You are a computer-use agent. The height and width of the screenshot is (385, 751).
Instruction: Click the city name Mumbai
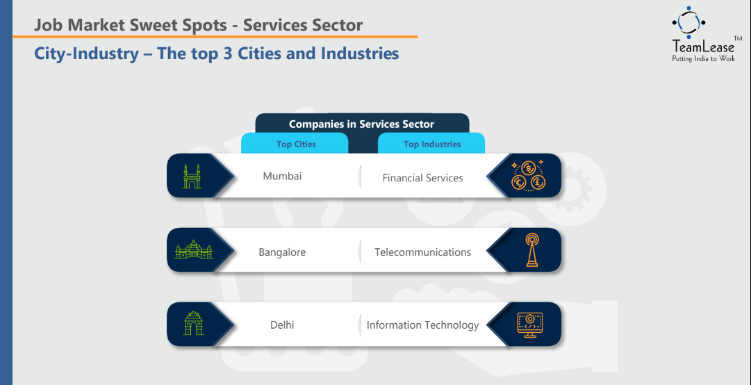click(x=282, y=177)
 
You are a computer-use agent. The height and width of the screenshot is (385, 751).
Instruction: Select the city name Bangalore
click(x=282, y=252)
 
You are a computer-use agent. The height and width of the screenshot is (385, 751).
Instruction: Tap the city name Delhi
click(x=282, y=325)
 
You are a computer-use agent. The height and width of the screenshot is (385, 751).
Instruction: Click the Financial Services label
click(x=422, y=178)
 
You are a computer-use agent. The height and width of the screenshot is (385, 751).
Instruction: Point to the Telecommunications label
click(x=422, y=252)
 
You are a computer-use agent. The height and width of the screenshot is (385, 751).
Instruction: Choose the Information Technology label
click(x=422, y=325)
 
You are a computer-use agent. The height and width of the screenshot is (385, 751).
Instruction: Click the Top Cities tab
click(x=296, y=144)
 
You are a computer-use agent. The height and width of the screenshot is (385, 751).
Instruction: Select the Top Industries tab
click(x=432, y=144)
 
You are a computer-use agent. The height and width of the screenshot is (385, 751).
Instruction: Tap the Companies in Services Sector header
click(x=362, y=124)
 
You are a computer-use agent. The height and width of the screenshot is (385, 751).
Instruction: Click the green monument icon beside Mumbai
click(x=192, y=177)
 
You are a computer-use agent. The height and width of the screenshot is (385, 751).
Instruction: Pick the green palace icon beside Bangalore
click(x=193, y=250)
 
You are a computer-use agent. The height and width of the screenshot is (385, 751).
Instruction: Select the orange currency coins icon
click(x=528, y=176)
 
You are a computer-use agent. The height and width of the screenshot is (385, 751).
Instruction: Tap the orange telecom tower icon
click(x=531, y=249)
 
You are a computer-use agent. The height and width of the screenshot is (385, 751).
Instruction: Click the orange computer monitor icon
click(x=529, y=324)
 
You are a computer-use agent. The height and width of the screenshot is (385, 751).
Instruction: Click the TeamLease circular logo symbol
click(x=688, y=22)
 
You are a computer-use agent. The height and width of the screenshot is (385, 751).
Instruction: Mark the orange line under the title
click(x=215, y=36)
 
